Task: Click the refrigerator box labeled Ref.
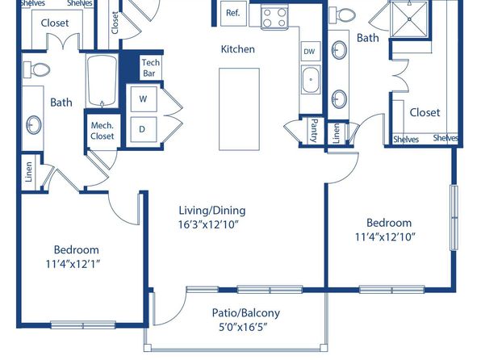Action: pyautogui.click(x=233, y=14)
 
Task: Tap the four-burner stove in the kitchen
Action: pyautogui.click(x=275, y=18)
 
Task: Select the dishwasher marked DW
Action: pyautogui.click(x=311, y=51)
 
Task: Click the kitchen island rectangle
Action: pyautogui.click(x=239, y=109)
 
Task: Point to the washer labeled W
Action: pyautogui.click(x=144, y=99)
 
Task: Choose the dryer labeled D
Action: pyautogui.click(x=144, y=129)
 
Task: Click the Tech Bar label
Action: pyautogui.click(x=151, y=68)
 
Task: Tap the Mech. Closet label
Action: pyautogui.click(x=102, y=131)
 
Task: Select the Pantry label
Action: pyautogui.click(x=314, y=131)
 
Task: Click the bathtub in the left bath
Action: pyautogui.click(x=102, y=81)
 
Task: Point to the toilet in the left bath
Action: pyautogui.click(x=37, y=69)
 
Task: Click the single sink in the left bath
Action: pyautogui.click(x=34, y=124)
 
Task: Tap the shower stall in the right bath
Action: pyautogui.click(x=409, y=19)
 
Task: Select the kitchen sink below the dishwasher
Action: pyautogui.click(x=311, y=79)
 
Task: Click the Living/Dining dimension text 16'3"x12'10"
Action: pyautogui.click(x=208, y=224)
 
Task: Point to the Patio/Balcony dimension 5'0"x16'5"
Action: pyautogui.click(x=243, y=327)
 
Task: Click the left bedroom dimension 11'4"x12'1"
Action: pyautogui.click(x=73, y=264)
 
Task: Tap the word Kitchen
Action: pyautogui.click(x=238, y=49)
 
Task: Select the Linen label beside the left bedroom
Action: pyautogui.click(x=28, y=172)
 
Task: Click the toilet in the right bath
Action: pyautogui.click(x=342, y=15)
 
